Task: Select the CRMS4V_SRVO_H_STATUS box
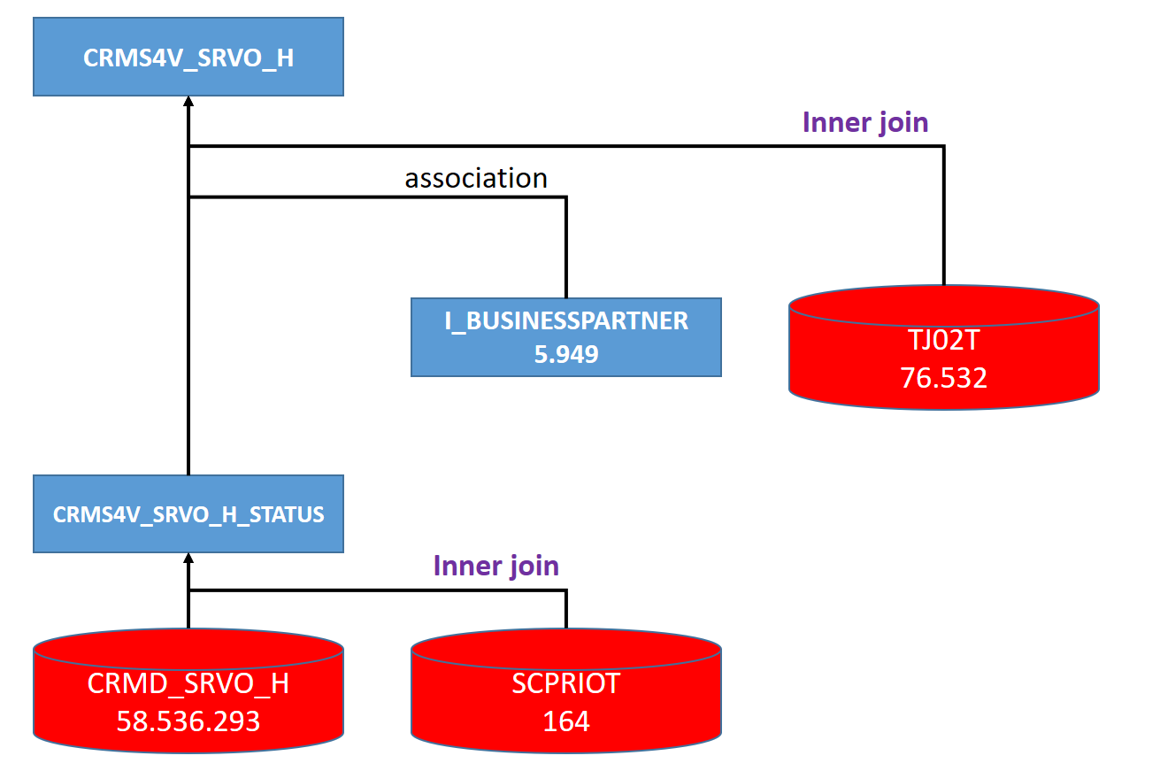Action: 188,514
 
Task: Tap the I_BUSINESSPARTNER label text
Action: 566,321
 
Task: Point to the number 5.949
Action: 566,355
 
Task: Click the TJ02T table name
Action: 943,339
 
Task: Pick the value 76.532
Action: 943,378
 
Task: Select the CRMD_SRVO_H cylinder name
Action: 188,683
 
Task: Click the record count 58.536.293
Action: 188,721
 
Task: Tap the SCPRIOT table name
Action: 566,683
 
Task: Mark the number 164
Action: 566,721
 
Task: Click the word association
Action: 476,178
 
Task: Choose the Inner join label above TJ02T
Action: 865,122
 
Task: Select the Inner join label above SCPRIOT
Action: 495,566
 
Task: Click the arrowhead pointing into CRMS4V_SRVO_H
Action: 188,102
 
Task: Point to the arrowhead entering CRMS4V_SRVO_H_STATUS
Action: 188,559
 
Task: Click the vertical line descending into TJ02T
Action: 943,217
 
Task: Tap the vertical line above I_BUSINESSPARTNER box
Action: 566,248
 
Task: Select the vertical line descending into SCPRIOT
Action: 566,611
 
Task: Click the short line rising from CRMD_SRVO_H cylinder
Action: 188,611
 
